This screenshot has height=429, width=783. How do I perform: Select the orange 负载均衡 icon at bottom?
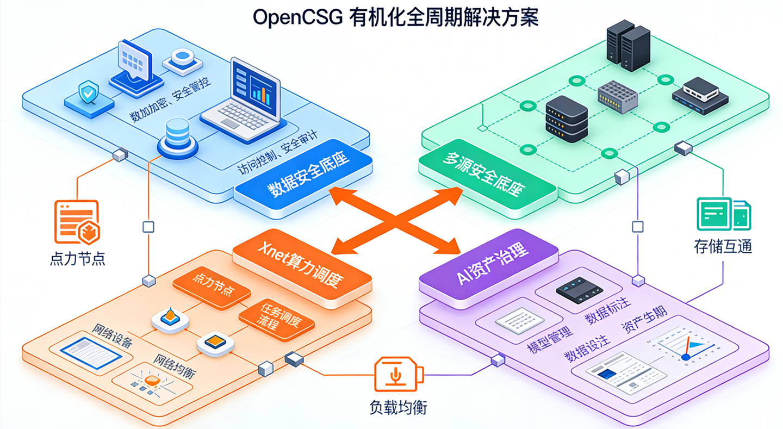click(398, 375)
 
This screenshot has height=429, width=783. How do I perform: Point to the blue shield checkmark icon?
click(88, 93)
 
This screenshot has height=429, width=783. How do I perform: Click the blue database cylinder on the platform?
click(177, 136)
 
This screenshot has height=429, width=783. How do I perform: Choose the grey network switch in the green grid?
click(617, 97)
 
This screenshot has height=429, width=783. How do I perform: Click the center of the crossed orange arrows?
click(395, 220)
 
